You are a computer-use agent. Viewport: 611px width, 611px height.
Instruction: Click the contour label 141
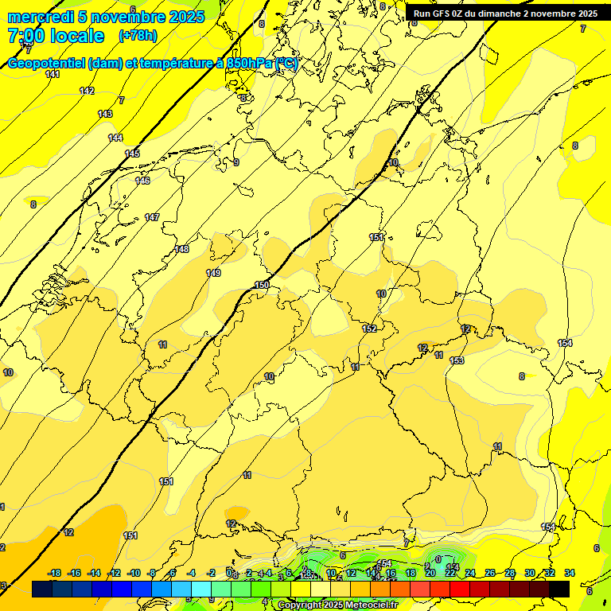53,74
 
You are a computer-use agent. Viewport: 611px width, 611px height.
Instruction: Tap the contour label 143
105,114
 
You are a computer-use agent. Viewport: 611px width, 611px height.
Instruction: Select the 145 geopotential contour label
132,154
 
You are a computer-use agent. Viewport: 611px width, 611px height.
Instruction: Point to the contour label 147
152,217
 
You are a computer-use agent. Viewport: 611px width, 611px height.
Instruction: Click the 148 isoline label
181,249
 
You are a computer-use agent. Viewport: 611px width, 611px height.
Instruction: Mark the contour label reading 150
262,285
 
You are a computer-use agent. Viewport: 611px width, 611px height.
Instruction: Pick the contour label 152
369,329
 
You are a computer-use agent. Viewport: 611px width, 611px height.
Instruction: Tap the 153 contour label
457,360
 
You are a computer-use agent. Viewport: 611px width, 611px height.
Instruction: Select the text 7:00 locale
56,36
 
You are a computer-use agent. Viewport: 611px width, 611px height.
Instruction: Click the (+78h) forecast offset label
138,36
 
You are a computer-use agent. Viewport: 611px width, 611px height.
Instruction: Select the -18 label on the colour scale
55,573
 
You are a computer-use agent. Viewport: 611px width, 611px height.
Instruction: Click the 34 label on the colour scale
570,573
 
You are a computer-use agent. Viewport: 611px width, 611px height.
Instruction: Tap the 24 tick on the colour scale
470,573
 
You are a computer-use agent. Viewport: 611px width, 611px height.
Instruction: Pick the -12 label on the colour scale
115,573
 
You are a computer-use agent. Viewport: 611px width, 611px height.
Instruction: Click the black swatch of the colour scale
559,589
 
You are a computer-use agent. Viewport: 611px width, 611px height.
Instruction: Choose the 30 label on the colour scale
530,573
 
